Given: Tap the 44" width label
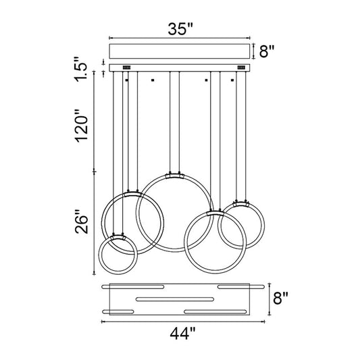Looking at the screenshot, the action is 182,334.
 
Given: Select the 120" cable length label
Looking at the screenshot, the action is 82,126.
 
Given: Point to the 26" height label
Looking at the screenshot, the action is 82,222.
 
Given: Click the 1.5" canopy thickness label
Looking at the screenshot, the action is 81,69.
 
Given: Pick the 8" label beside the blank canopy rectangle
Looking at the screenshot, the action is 267,51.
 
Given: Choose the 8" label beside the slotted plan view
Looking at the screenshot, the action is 280,298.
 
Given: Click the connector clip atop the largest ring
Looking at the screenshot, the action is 174,176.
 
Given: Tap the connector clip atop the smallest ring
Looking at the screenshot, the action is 118,237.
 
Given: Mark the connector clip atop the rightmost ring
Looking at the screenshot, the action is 241,204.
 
